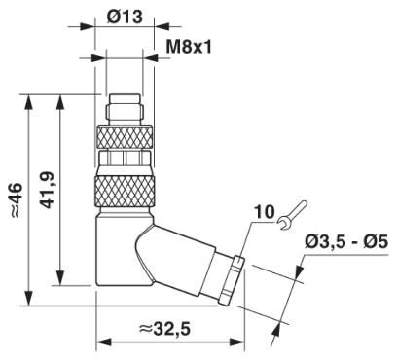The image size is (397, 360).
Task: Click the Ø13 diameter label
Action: click(x=125, y=16)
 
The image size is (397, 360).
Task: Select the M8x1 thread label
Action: click(x=189, y=47)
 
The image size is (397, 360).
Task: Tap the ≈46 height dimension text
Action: click(x=16, y=200)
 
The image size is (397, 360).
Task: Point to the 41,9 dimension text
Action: click(x=47, y=190)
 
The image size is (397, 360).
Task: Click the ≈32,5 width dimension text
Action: click(x=164, y=329)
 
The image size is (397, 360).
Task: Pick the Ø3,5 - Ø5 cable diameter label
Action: click(x=346, y=242)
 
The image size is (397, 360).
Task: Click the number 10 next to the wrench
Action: click(x=264, y=212)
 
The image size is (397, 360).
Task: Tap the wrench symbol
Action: click(x=292, y=215)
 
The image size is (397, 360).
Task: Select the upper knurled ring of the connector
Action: click(x=125, y=137)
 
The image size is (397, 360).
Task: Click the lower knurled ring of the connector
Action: click(x=125, y=191)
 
